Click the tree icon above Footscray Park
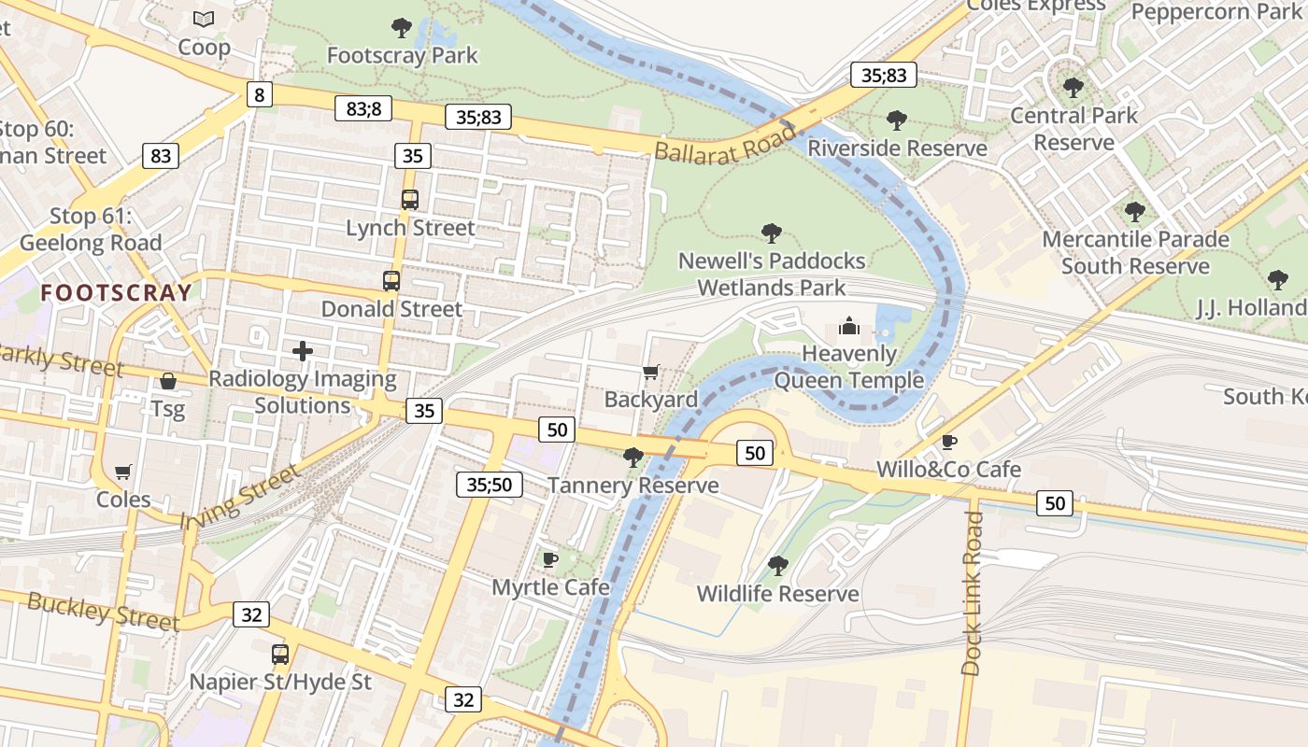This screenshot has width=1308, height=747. pyautogui.click(x=402, y=28)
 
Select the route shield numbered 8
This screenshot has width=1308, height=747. pyautogui.click(x=260, y=94)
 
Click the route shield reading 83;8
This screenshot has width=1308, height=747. pyautogui.click(x=363, y=108)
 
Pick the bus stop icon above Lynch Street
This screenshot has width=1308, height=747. pyautogui.click(x=410, y=199)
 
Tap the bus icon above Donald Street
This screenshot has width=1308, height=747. pyautogui.click(x=391, y=280)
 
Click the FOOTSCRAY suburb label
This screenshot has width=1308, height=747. pyautogui.click(x=116, y=292)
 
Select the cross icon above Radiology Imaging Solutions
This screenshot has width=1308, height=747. pyautogui.click(x=303, y=351)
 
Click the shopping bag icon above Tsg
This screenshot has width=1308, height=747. pyautogui.click(x=168, y=381)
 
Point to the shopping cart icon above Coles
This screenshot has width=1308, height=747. pyautogui.click(x=122, y=472)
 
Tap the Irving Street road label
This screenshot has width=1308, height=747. pyautogui.click(x=241, y=496)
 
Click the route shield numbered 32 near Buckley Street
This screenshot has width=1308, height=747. pyautogui.click(x=250, y=614)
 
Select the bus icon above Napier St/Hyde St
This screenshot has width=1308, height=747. pyautogui.click(x=280, y=654)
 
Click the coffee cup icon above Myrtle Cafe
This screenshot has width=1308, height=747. pyautogui.click(x=550, y=559)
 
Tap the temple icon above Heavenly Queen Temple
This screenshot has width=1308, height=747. pyautogui.click(x=848, y=326)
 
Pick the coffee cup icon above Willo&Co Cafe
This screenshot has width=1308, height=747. pyautogui.click(x=949, y=442)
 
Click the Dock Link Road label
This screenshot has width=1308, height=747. pyautogui.click(x=973, y=592)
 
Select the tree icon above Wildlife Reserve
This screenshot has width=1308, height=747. pyautogui.click(x=777, y=566)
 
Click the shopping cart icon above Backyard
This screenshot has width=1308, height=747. pyautogui.click(x=651, y=373)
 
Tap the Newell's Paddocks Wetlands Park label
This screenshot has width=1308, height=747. pyautogui.click(x=772, y=274)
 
